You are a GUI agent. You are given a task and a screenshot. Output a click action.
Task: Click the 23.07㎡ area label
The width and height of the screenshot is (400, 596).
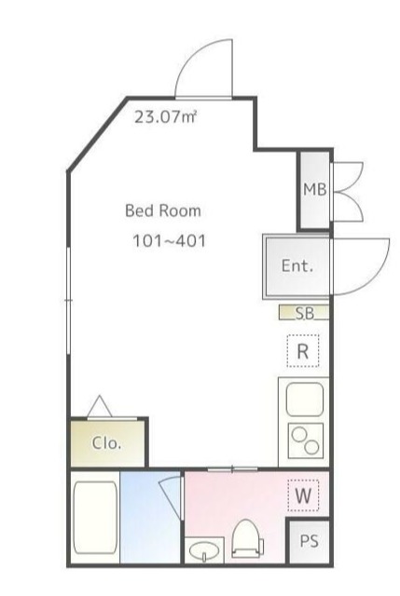coord(166,116)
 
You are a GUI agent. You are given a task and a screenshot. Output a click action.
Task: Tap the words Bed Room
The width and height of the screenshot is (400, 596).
coord(163,210)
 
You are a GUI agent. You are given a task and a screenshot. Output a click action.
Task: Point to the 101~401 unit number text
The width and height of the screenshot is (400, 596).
coord(170,241)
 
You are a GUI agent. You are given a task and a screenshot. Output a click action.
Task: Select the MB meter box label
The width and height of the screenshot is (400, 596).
coord(315,189)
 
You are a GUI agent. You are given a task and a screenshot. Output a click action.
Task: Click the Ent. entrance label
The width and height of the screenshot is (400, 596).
coord(297,265)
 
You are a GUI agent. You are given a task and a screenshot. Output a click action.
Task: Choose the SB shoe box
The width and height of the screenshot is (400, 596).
coord(304,313)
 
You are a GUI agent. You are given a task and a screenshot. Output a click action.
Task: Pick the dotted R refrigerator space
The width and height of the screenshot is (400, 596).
coord(303,351)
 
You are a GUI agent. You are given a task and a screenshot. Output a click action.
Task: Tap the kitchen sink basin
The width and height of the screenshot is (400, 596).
coord(305,400)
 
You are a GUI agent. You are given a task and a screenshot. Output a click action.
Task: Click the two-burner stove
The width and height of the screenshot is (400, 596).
coord(306,440)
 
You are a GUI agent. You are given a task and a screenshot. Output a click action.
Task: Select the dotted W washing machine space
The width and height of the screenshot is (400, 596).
coord(303,495)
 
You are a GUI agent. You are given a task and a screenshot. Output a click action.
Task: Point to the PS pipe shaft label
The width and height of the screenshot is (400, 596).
coord(309,541)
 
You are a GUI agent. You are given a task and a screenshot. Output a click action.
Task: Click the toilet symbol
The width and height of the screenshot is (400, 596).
coord(247,538)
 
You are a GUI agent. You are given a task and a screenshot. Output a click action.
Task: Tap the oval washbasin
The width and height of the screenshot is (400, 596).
coord(204,550)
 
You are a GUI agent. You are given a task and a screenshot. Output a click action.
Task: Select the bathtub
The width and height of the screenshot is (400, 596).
coord(95,518)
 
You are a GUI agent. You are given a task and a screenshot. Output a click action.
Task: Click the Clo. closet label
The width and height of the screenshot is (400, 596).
coord(106,443)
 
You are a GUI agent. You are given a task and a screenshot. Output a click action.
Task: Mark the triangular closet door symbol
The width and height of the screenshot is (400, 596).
coord(100,406)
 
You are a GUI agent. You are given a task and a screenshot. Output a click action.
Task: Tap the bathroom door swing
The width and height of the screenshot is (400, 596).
coord(170,497)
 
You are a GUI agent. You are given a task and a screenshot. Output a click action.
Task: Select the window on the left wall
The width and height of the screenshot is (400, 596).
coord(68,301)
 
